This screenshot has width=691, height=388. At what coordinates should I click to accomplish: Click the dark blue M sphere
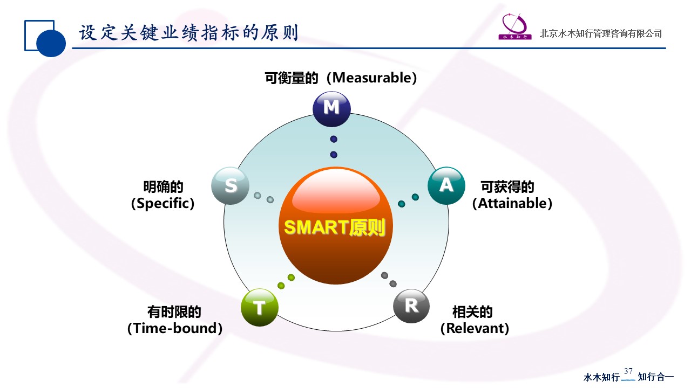pos(331,109)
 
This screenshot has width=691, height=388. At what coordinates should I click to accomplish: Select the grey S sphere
pos(231,186)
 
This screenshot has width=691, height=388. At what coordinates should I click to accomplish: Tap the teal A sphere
pos(446,186)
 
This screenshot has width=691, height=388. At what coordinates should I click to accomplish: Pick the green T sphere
pos(260,307)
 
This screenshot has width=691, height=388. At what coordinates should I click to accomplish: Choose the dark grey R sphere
pos(411,306)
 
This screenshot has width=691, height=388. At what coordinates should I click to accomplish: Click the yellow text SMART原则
pos(335,227)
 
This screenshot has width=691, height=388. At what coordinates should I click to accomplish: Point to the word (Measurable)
pos(372,78)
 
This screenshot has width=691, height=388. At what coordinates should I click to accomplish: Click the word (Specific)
pos(163,204)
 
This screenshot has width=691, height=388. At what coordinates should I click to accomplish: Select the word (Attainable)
pos(512,204)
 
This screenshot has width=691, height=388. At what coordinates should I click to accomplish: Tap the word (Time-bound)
pos(175,328)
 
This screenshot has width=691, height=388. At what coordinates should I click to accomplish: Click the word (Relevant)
pos(475,328)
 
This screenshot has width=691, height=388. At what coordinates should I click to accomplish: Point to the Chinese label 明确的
pos(163,187)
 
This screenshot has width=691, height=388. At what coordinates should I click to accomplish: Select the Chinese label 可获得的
pos(507,187)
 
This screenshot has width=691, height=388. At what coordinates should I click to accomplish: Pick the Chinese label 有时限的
pos(174,312)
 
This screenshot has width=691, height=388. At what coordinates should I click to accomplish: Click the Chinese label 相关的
pos(472,312)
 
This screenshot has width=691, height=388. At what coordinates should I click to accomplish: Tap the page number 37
pos(628,371)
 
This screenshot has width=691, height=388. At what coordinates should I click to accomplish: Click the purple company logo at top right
pos(515,26)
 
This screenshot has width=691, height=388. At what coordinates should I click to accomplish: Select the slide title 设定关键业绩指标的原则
pos(188,33)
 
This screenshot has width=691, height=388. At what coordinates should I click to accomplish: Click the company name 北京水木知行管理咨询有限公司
pos(601,33)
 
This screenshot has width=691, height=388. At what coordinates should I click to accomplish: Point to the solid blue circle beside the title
pos(51,43)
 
